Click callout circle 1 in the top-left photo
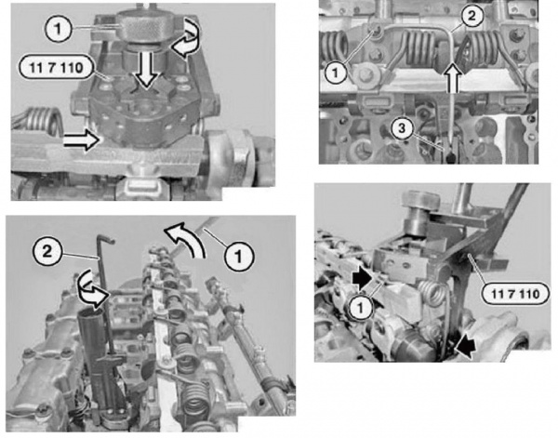[59, 29]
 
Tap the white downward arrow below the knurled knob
[147, 70]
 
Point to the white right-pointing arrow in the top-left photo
[81, 141]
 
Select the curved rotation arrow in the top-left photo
[185, 38]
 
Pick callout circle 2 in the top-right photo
[471, 16]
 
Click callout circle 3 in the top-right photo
[402, 128]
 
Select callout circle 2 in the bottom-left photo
[47, 252]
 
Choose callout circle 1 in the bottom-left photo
[238, 256]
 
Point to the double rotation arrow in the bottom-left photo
[92, 288]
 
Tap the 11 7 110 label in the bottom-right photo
[514, 294]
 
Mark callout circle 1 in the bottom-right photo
[361, 308]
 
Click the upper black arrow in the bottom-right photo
[362, 279]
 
